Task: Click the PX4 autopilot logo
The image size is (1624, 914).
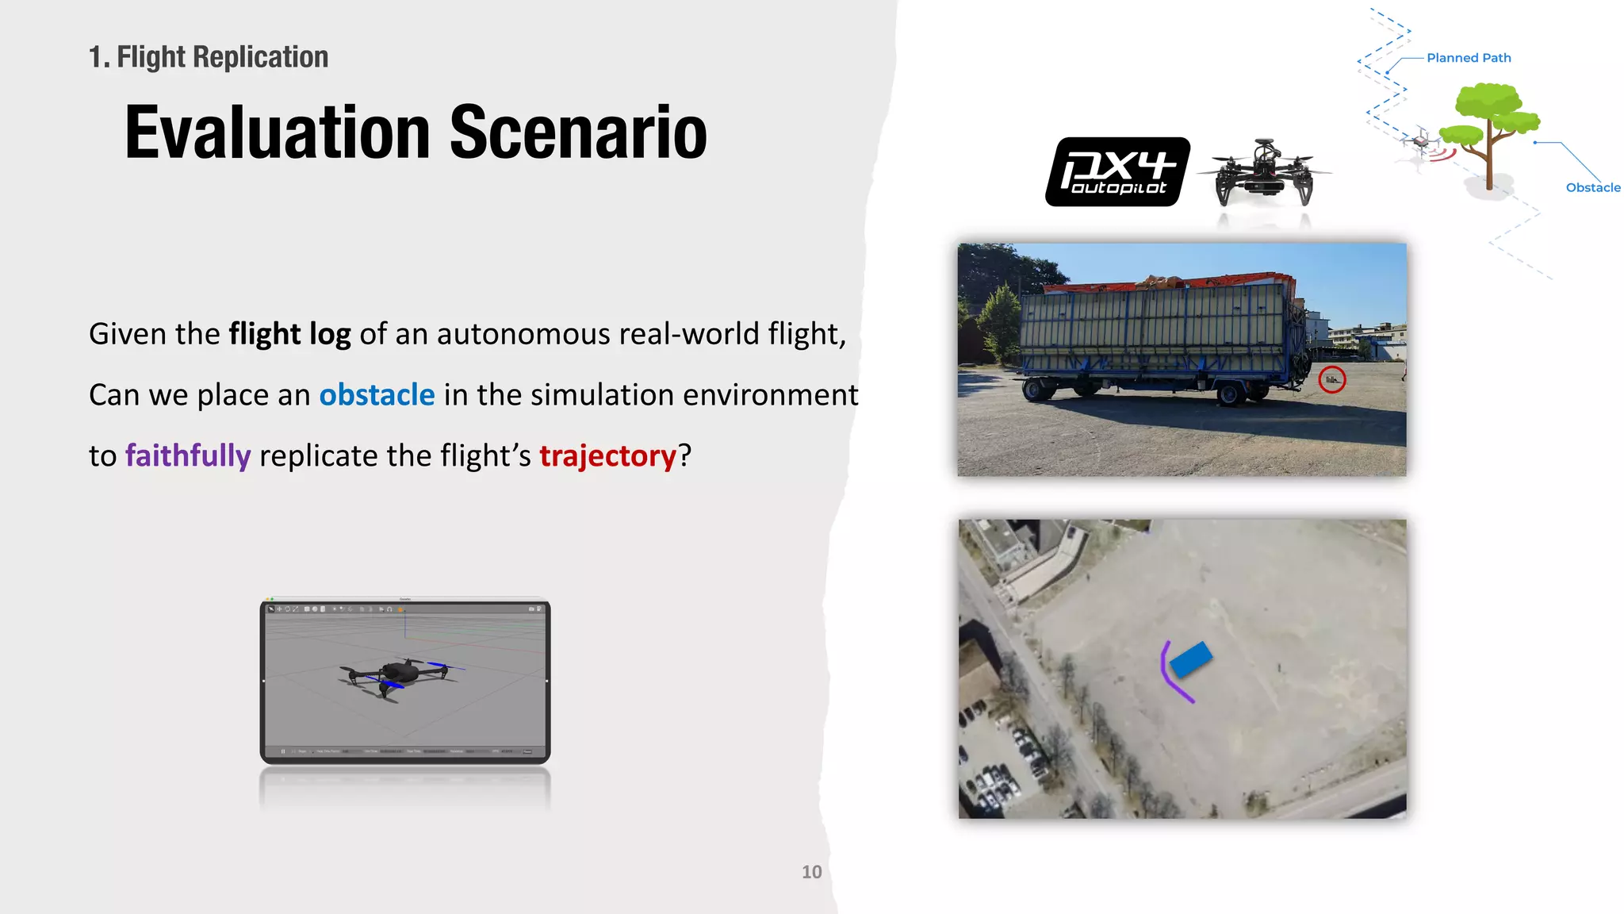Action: pos(1117,171)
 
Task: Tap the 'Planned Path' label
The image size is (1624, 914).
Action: pos(1469,58)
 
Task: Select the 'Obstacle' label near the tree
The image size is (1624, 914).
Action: pos(1592,187)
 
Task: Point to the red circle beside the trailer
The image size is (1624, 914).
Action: pos(1332,379)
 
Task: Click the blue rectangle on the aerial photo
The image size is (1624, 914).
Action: pos(1190,659)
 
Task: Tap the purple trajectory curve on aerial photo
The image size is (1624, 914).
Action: pos(1170,674)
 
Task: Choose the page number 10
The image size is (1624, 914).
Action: pos(811,872)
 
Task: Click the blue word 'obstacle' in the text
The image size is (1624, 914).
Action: pos(377,395)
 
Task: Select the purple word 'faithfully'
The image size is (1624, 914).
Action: pos(188,456)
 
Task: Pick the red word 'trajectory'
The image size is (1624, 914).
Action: pos(607,456)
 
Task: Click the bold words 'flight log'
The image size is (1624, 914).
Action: pos(289,334)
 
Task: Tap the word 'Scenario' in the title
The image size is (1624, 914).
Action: pos(578,132)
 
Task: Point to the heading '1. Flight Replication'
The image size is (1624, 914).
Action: pos(209,57)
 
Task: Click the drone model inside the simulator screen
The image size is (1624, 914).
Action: pos(396,675)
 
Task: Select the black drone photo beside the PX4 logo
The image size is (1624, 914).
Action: pos(1263,173)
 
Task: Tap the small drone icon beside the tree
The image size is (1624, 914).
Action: pos(1420,141)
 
